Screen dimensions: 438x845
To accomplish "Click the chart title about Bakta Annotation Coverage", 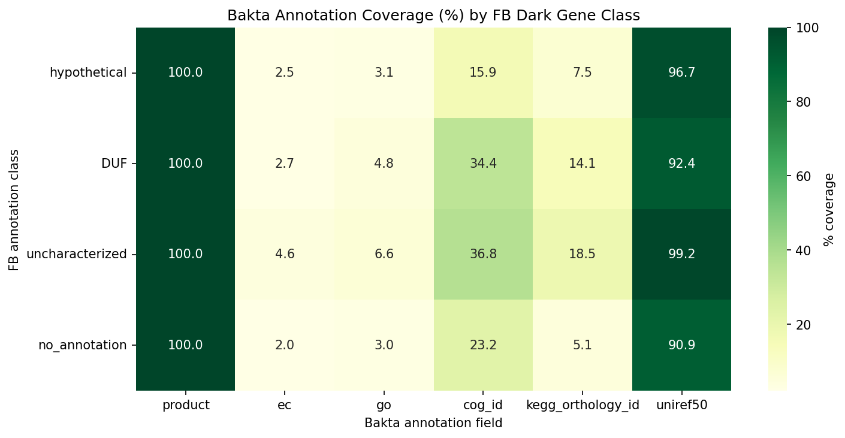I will point(433,16).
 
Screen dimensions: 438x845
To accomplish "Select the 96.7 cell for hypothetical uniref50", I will point(681,73).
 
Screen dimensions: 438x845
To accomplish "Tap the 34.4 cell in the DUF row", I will point(483,164).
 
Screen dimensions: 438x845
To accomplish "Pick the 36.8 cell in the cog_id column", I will point(483,254).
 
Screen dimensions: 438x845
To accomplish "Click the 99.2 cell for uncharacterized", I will point(681,254).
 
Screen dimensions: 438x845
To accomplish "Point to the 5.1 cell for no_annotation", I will point(583,345).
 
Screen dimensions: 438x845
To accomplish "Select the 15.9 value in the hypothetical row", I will point(483,73).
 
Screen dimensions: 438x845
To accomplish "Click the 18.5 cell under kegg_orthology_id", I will point(583,254).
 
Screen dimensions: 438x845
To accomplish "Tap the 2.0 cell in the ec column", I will point(285,345).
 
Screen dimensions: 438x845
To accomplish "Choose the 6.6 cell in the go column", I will point(384,254).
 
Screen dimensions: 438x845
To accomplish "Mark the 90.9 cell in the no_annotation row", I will point(681,345).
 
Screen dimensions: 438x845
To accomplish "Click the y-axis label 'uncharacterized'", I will point(76,254).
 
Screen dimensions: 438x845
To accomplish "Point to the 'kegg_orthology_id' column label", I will point(583,405).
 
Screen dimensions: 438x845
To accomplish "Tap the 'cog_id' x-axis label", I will point(483,405).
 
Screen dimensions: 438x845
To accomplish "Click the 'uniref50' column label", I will point(681,405).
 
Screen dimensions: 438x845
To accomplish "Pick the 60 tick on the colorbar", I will point(802,176).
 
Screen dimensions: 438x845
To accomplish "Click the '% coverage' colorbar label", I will point(829,209).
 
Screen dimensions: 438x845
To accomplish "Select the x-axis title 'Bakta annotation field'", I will point(433,423).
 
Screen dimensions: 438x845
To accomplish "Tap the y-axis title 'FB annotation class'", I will point(14,209).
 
